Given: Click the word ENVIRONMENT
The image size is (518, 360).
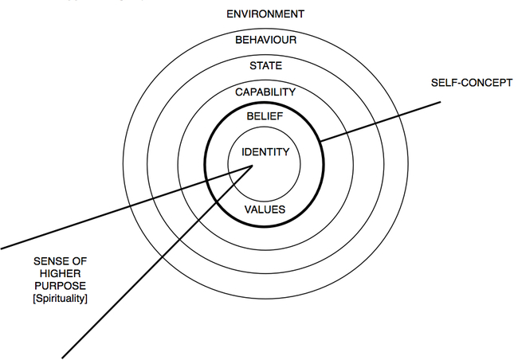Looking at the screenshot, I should pos(265,14).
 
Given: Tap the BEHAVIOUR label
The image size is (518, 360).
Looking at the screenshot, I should pos(265,40).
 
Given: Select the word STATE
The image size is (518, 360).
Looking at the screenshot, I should pos(265,65).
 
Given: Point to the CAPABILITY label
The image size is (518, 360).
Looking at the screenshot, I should pos(265,92).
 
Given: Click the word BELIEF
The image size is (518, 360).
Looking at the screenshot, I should pos(265,117).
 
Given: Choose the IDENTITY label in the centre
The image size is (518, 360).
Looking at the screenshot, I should pos(264,151).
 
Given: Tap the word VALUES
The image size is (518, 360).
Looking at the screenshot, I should pos(265,209).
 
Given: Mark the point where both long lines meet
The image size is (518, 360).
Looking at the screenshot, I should pos(253,165).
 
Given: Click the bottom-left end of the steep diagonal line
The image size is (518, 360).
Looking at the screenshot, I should pos(63,355).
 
